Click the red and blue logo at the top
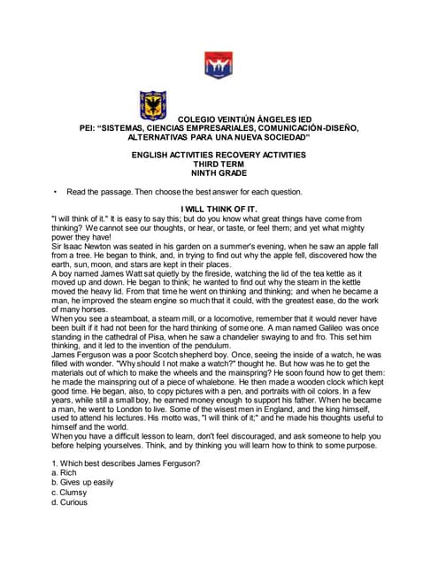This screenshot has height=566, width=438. (x=218, y=64)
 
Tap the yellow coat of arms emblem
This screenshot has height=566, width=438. (x=154, y=105)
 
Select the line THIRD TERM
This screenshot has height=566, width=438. (x=219, y=164)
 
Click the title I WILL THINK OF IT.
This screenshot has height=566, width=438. (x=219, y=209)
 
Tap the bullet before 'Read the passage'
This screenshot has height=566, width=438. (x=56, y=192)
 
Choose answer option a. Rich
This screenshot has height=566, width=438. (x=65, y=473)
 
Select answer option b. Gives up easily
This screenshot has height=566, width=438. (x=82, y=483)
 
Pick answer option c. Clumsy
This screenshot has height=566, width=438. (x=71, y=493)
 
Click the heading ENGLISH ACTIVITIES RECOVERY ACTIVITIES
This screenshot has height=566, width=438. (x=219, y=155)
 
